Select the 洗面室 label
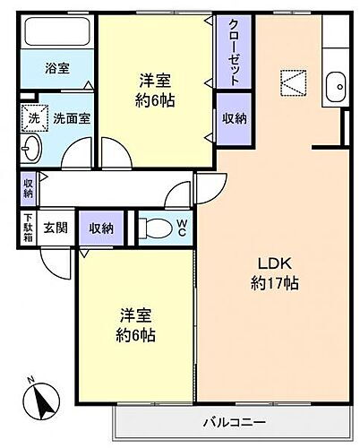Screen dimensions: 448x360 click(71, 116)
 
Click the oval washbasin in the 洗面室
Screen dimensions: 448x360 click(32, 148)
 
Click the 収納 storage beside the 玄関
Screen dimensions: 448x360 click(102, 228)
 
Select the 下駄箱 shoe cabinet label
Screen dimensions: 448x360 click(28, 228)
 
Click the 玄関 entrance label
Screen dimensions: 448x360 click(57, 228)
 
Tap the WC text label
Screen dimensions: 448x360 click(181, 228)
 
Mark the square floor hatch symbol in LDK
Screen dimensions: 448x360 click(292, 82)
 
